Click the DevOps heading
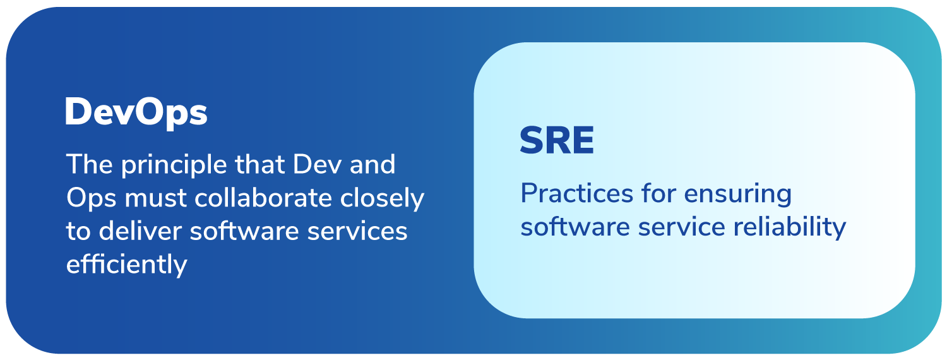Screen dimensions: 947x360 pos(136,112)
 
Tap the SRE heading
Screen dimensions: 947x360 pos(557,140)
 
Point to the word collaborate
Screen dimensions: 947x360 pos(263,198)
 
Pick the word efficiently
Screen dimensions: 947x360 pos(126,265)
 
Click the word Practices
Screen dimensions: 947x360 pos(576,194)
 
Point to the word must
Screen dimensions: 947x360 pos(155,198)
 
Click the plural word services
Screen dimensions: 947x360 pos(357,231)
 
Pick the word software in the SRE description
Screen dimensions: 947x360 pos(575,227)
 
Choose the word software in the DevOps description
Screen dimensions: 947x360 pos(244,231)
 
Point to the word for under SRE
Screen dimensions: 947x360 pos(658,194)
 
